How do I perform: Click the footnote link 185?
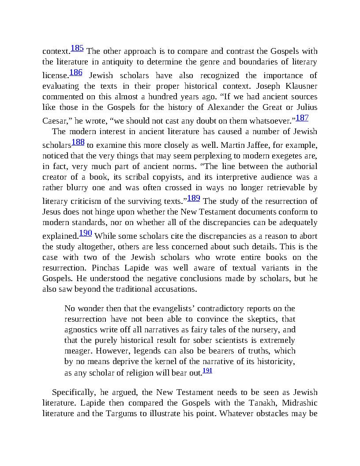[77, 49]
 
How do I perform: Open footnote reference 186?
[76, 72]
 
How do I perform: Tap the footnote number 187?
[302, 118]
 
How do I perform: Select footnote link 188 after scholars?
[78, 142]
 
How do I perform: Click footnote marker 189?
[194, 198]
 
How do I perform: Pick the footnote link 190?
[85, 233]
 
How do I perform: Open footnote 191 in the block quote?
[207, 371]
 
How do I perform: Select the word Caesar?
[54, 120]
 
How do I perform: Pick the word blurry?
[66, 188]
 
